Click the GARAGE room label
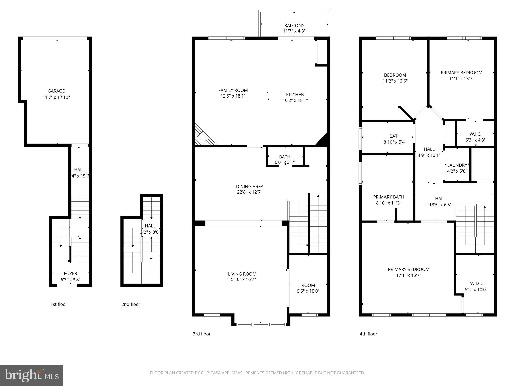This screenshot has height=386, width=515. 56,91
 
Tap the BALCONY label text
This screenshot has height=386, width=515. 294,26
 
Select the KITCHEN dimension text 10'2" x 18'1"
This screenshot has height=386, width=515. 295,100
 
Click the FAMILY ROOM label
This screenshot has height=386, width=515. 233,90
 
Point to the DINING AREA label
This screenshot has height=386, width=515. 249,187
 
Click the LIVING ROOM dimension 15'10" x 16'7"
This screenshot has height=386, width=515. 242,279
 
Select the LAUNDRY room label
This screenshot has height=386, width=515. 457,165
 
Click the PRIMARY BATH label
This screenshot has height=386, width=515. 389,197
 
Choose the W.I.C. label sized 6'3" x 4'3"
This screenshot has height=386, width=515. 475,134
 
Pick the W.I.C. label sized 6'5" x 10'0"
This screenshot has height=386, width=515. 476,284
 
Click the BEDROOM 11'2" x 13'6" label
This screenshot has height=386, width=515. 395,75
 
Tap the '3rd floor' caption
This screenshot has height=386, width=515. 202,334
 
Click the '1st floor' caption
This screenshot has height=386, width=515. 59,304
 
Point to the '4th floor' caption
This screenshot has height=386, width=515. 368,334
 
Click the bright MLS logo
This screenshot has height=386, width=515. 31,376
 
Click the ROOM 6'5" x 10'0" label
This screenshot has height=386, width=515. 308,286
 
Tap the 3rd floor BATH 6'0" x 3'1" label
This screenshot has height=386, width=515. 285,157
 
